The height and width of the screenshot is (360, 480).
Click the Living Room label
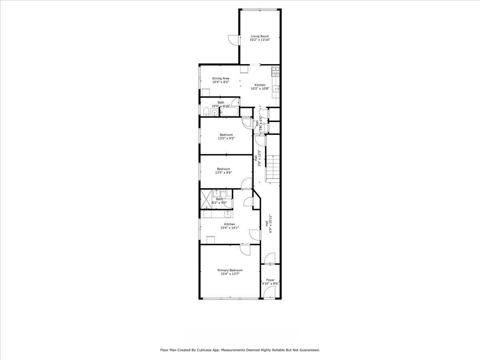click(260, 36)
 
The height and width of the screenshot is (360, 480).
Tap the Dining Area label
click(221, 78)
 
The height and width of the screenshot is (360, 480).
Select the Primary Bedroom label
click(230, 270)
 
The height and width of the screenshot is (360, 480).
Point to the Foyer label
click(270, 280)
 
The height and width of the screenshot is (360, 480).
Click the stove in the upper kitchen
click(276, 72)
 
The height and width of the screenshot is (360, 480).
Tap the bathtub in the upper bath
click(229, 112)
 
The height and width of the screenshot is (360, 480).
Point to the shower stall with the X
click(206, 200)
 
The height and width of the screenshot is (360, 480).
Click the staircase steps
click(273, 169)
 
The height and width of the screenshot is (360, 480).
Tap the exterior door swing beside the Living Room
click(234, 40)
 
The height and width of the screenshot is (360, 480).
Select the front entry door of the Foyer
click(269, 293)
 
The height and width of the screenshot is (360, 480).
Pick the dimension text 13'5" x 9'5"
click(226, 138)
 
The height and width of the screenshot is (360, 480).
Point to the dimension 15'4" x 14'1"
click(229, 228)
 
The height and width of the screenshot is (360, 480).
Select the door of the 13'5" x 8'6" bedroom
click(246, 183)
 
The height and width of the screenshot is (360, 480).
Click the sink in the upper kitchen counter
click(276, 89)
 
